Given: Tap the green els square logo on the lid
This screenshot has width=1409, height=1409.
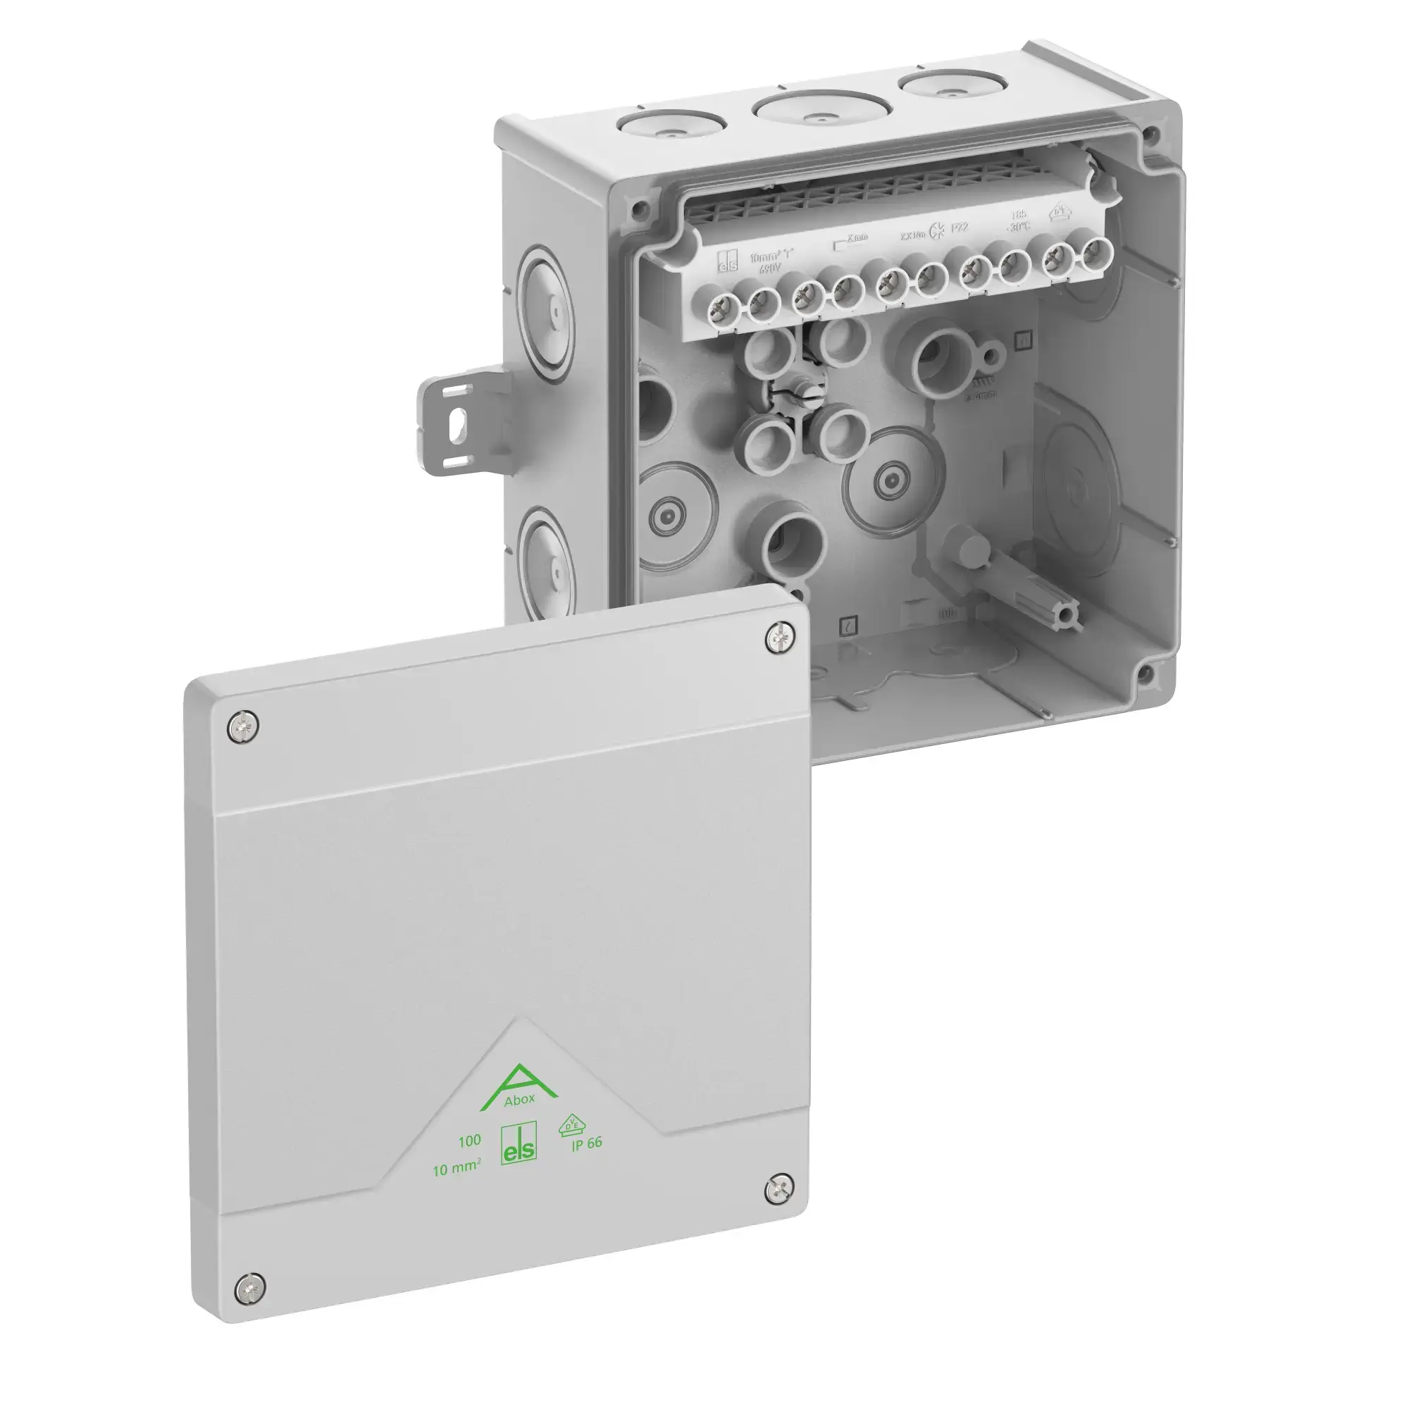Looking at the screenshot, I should coord(519,1143).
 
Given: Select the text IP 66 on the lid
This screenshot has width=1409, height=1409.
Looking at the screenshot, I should coord(586,1143).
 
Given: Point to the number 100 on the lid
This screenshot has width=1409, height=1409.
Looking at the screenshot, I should coord(469,1141).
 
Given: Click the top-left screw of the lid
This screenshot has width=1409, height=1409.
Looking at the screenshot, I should coord(243,727).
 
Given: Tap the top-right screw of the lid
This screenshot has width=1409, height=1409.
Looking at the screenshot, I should coord(781,639).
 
